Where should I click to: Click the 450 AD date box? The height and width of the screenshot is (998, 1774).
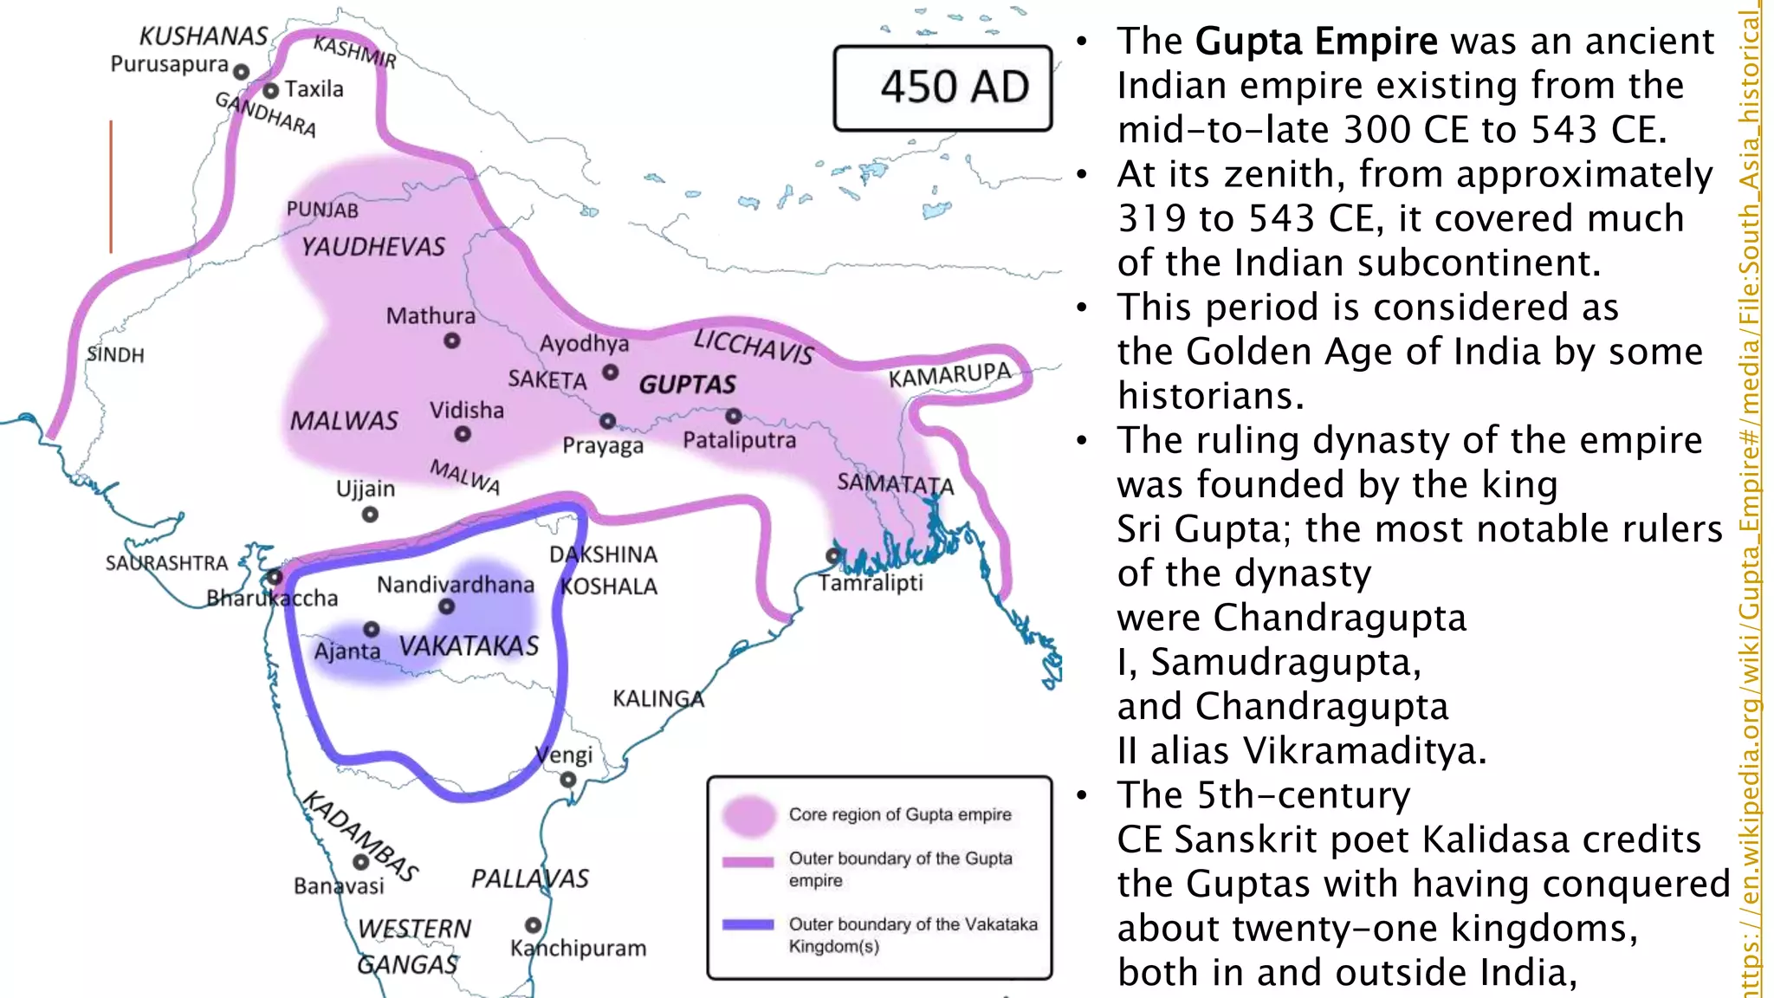(x=942, y=87)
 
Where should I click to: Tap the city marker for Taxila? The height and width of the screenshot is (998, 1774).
(x=271, y=90)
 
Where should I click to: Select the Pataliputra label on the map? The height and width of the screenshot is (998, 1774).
(x=739, y=440)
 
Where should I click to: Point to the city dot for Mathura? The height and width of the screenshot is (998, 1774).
(x=451, y=341)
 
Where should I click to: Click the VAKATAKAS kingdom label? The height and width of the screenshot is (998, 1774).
(x=469, y=646)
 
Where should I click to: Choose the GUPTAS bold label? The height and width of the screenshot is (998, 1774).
(x=687, y=385)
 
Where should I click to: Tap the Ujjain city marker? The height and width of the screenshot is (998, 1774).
(x=370, y=515)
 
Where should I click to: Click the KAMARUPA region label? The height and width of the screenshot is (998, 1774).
(x=949, y=376)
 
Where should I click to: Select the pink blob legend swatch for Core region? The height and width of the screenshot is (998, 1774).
(x=749, y=815)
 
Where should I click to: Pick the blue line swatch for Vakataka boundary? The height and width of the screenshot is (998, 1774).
(x=748, y=924)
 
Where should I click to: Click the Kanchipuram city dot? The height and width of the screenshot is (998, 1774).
(x=534, y=925)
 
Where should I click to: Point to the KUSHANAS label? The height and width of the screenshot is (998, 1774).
(x=204, y=36)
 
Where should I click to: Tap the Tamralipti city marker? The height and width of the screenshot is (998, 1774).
(x=833, y=555)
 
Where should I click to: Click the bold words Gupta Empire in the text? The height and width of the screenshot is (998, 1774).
(x=1316, y=42)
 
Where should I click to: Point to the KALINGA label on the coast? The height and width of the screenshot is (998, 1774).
(x=658, y=698)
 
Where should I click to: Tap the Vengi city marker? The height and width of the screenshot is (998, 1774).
(x=568, y=780)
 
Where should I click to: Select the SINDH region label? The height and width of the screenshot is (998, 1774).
(x=116, y=355)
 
